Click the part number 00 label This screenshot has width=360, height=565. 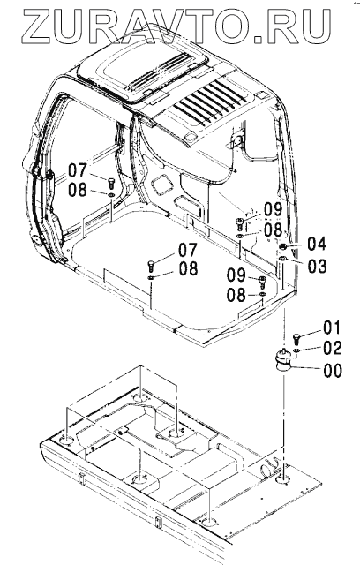pyautogui.click(x=333, y=371)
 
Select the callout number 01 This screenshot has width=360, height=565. pyautogui.click(x=332, y=328)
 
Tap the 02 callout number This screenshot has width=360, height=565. pyautogui.click(x=333, y=348)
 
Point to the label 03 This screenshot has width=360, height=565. pyautogui.click(x=317, y=266)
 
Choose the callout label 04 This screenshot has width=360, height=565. pyautogui.click(x=317, y=244)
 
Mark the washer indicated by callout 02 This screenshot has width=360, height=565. pyautogui.click(x=296, y=350)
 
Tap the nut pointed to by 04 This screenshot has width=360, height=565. pyautogui.click(x=283, y=247)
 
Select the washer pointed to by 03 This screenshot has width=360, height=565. pyautogui.click(x=282, y=258)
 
